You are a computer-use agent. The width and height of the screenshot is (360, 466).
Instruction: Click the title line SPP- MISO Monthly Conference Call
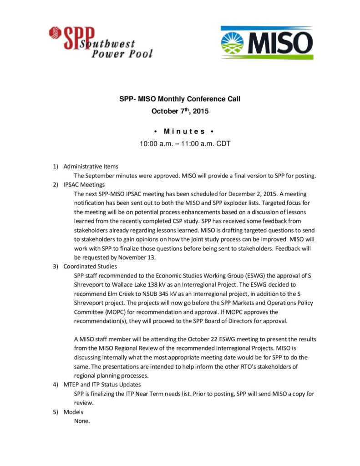click(x=180, y=99)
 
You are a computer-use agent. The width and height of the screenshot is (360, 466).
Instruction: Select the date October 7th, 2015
click(x=180, y=111)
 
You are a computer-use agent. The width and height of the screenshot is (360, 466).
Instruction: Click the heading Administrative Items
click(x=91, y=167)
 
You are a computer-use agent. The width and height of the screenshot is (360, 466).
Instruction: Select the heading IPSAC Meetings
click(x=84, y=185)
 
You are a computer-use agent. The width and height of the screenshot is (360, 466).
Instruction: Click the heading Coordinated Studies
click(x=90, y=267)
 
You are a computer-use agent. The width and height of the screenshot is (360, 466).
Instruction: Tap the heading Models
click(x=73, y=412)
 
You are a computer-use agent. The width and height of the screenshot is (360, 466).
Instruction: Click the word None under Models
click(x=82, y=421)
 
